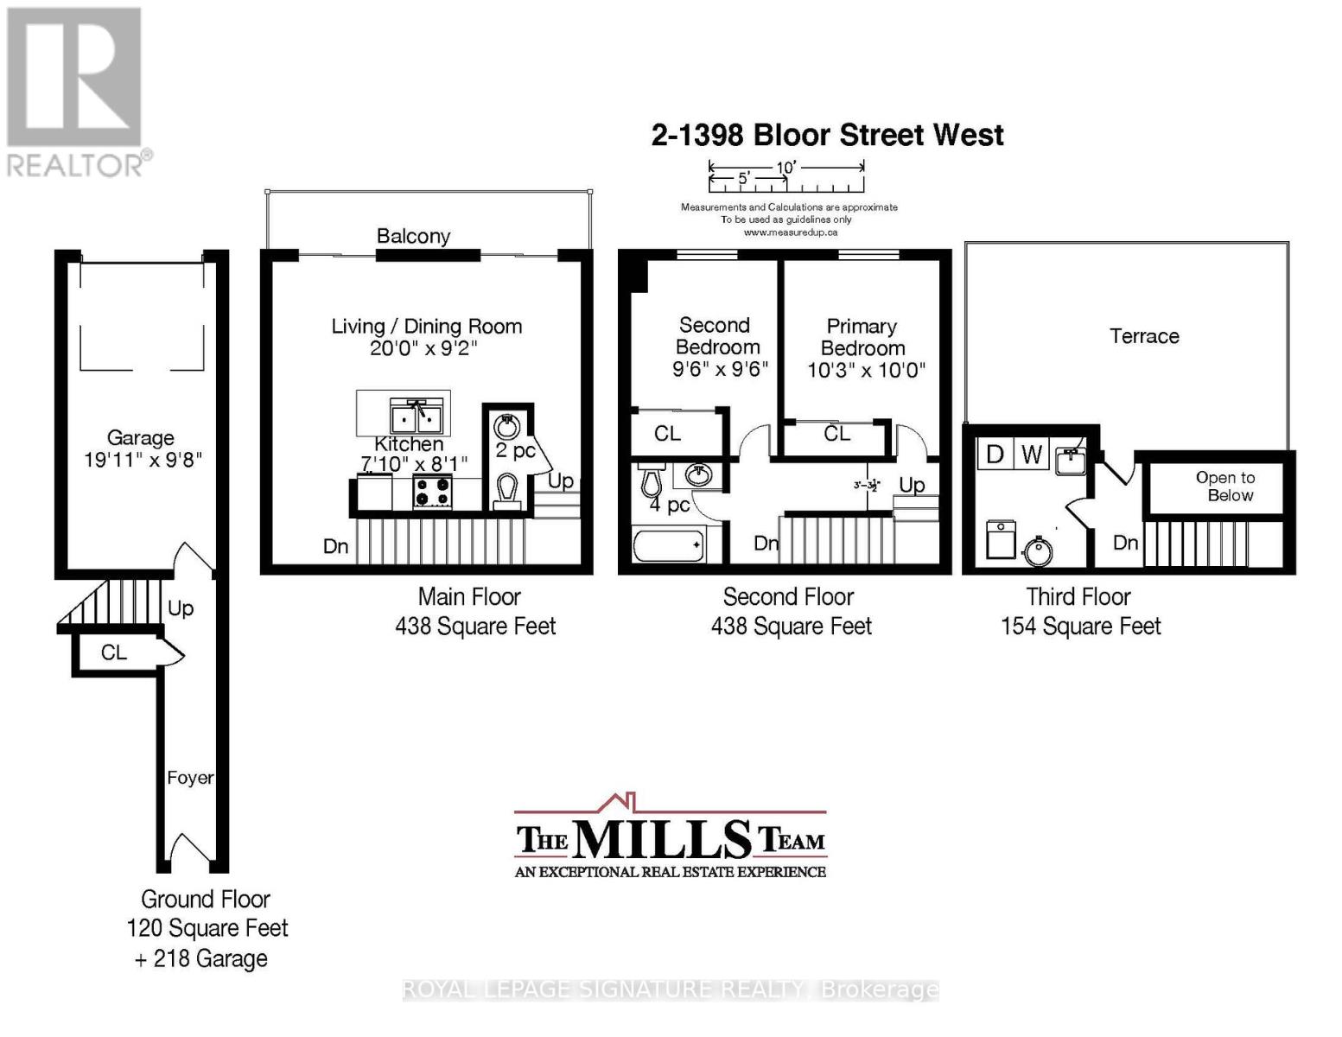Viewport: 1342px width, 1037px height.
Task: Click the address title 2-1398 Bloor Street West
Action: (827, 136)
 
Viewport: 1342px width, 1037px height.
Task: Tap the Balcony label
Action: (413, 236)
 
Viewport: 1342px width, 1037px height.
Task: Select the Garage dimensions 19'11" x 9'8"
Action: (143, 460)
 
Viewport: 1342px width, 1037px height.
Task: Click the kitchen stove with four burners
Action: (433, 493)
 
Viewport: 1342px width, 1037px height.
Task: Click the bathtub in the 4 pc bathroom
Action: (669, 546)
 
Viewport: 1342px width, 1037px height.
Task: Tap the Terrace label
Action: (1144, 336)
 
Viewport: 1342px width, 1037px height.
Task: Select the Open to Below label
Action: (1225, 487)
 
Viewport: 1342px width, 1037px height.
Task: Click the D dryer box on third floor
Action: (995, 454)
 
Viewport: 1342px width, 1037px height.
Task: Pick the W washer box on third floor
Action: (1031, 454)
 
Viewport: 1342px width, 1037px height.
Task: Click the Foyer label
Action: (190, 778)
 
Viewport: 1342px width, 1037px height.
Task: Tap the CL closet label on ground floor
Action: (113, 652)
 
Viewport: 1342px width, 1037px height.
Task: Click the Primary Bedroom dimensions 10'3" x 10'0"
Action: (866, 371)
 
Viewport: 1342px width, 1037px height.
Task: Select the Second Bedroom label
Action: (716, 336)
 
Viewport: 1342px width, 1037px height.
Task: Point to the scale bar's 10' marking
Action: (785, 168)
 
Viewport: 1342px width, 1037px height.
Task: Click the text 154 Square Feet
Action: (1080, 627)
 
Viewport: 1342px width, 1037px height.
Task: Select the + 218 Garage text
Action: (201, 959)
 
